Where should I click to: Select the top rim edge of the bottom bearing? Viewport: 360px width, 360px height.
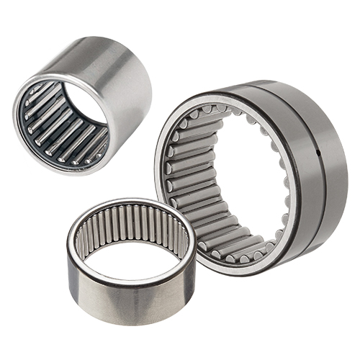pos(130,203)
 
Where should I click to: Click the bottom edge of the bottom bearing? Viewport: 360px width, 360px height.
pos(130,322)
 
